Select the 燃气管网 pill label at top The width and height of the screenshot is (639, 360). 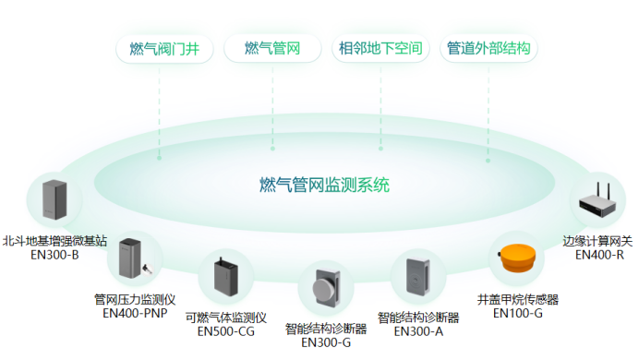click(x=272, y=49)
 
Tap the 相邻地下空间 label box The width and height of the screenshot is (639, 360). click(x=380, y=49)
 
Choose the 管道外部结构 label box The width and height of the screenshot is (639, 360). click(x=488, y=49)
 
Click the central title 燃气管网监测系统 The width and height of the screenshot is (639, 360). click(x=325, y=185)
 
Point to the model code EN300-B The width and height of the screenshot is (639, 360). click(x=54, y=254)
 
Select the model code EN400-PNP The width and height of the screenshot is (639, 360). click(x=134, y=313)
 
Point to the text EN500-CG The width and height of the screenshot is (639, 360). click(x=225, y=330)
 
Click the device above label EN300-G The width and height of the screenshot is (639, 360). click(x=326, y=288)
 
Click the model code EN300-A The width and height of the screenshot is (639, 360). click(x=418, y=330)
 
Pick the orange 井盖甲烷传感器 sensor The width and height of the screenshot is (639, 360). click(x=517, y=259)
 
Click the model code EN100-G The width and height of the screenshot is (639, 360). click(x=517, y=313)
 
